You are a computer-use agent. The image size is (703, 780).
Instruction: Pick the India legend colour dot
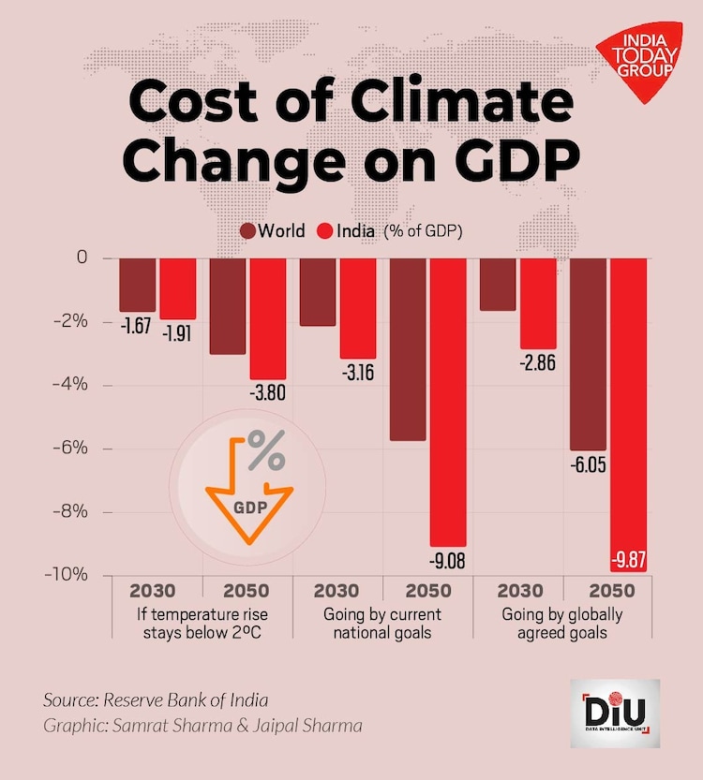[326, 230]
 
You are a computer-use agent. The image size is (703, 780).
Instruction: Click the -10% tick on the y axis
[66, 574]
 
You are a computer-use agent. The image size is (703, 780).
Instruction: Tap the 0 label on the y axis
[82, 258]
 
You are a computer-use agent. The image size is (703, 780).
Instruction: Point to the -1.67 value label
[137, 327]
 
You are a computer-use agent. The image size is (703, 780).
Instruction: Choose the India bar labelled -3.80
[267, 318]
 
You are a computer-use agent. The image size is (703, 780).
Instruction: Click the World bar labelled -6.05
[588, 354]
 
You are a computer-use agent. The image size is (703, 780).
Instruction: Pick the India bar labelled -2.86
[538, 302]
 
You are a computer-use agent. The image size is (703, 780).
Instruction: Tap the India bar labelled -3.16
[358, 307]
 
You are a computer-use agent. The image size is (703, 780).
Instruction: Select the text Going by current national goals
[382, 624]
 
